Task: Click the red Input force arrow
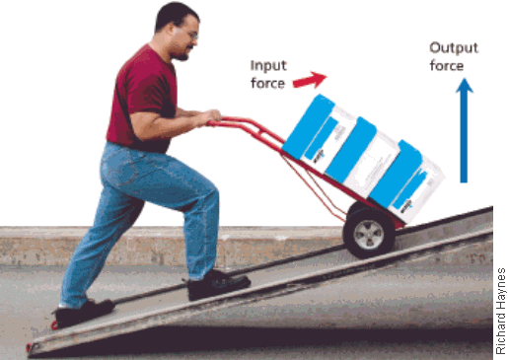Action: [x=310, y=80]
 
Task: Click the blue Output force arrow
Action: [x=464, y=130]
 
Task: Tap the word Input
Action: [x=268, y=65]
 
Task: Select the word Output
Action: [x=454, y=48]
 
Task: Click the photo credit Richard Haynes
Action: [x=501, y=311]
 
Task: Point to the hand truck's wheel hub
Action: [x=369, y=234]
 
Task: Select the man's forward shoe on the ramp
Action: [x=218, y=284]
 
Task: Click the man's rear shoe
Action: [x=84, y=313]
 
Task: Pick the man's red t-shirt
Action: [x=142, y=100]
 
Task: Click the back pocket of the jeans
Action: [x=122, y=169]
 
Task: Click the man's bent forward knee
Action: [x=209, y=194]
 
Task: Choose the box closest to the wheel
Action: [x=406, y=181]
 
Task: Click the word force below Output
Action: [x=447, y=66]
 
